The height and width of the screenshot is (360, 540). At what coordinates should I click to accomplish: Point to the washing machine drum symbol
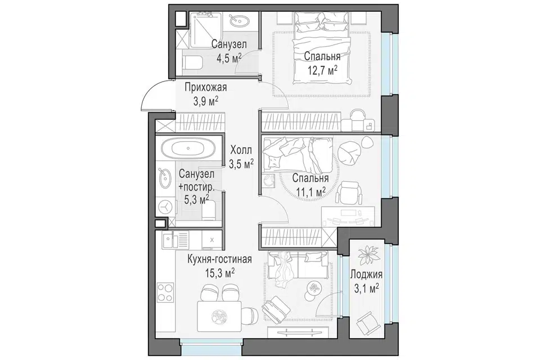coord(166,208)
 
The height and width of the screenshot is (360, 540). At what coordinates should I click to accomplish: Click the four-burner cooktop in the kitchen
coord(165,293)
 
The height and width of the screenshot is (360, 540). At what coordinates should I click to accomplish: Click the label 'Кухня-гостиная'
coord(219,259)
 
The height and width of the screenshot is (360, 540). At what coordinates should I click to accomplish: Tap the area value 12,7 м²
coord(322,71)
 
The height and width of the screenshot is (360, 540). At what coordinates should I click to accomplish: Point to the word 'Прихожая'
coord(206,87)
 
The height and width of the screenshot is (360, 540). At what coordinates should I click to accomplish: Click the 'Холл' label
coord(241,150)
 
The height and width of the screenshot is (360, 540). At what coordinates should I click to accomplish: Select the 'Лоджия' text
coord(366,274)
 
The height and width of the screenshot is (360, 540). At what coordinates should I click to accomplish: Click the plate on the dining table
coord(218,316)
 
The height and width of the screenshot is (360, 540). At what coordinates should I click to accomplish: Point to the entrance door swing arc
coord(151,93)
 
